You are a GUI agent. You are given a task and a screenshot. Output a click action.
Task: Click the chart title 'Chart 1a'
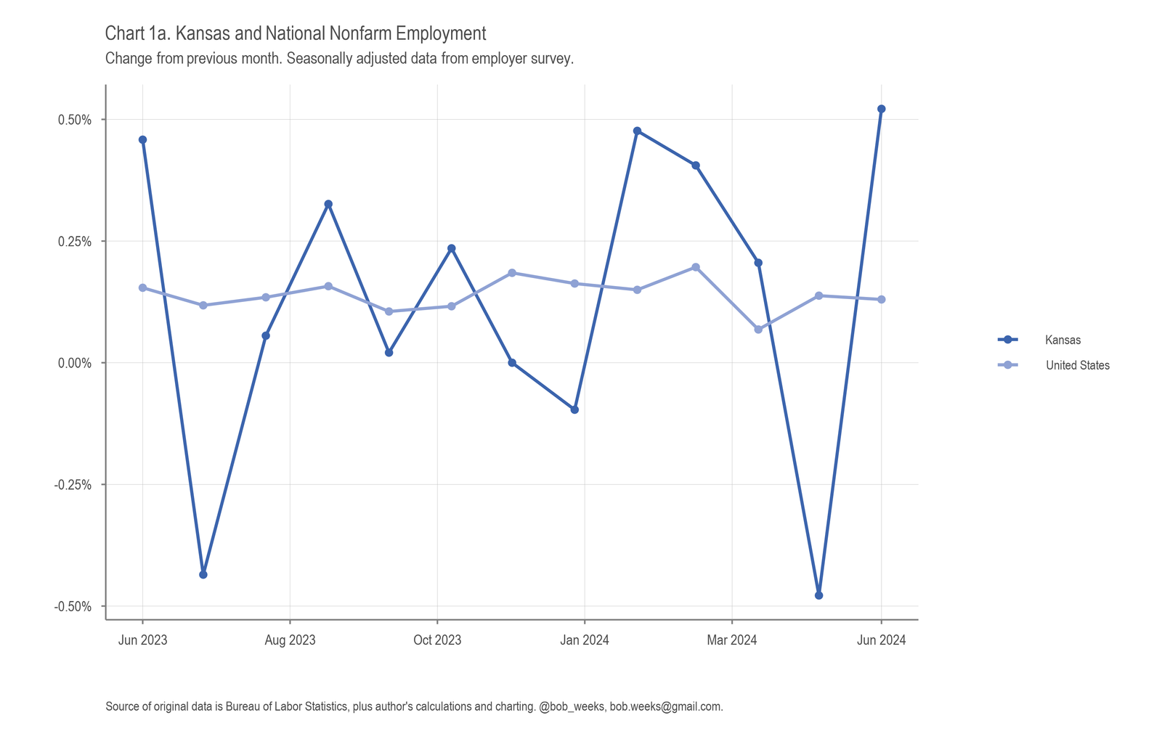point(295,33)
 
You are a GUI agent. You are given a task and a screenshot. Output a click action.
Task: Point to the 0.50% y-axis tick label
point(75,120)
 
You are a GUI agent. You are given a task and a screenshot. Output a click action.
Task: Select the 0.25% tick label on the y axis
point(75,242)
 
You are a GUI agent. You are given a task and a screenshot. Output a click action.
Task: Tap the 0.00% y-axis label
point(75,363)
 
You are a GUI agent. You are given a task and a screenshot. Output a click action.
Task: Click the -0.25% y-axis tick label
point(73,485)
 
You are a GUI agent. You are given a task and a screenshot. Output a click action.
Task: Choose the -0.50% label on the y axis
point(73,607)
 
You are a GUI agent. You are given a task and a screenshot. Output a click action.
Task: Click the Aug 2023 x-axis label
point(290,640)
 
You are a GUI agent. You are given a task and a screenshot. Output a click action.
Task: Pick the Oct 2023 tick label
point(437,640)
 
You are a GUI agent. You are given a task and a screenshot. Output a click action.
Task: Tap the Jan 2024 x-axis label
point(585,640)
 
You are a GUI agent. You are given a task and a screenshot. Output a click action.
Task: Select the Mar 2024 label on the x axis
point(732,640)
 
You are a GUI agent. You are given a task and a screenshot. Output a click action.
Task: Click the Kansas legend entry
point(1063,340)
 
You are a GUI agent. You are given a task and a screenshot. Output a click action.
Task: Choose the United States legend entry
point(1077,365)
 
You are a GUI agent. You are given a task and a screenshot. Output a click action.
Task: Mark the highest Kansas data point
point(881,109)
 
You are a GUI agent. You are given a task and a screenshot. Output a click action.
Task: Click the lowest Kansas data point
point(818,595)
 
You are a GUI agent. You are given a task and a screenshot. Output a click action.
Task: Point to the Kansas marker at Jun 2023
point(142,139)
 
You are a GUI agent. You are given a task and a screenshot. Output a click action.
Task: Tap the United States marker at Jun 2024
point(881,299)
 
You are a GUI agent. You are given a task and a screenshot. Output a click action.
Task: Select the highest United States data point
point(696,267)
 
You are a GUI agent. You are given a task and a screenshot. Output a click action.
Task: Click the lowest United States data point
point(758,330)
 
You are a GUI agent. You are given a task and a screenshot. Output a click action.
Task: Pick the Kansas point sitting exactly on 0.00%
point(512,363)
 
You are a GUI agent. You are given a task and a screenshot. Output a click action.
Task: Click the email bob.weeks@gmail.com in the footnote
point(665,706)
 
